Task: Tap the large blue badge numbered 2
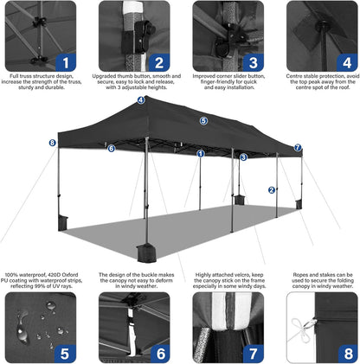pos(158,61)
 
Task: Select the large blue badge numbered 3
pos(252,61)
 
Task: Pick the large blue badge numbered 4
pos(345,61)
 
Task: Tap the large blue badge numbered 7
pos(252,354)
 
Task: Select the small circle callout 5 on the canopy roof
pos(203,121)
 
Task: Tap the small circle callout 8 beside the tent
pos(52,143)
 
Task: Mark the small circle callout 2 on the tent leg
pos(271,190)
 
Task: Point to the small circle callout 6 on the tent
pos(112,148)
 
